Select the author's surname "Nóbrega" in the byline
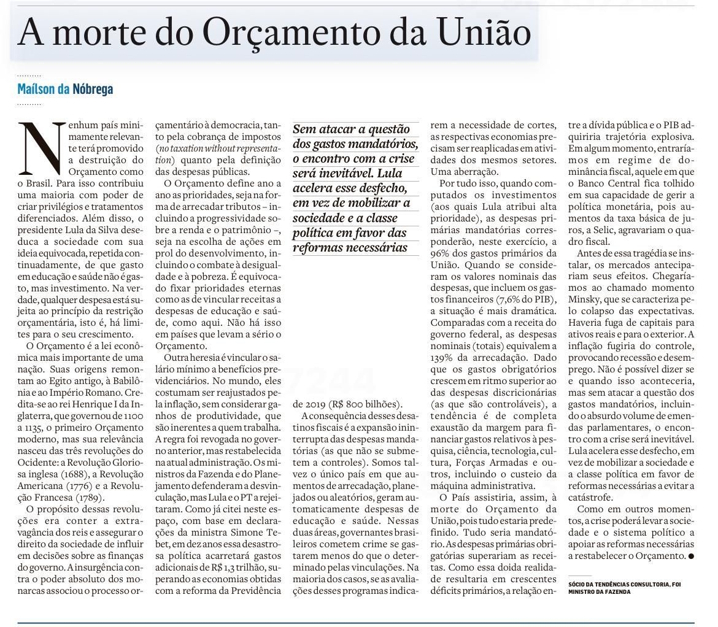(93, 89)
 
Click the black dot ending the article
(691, 556)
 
